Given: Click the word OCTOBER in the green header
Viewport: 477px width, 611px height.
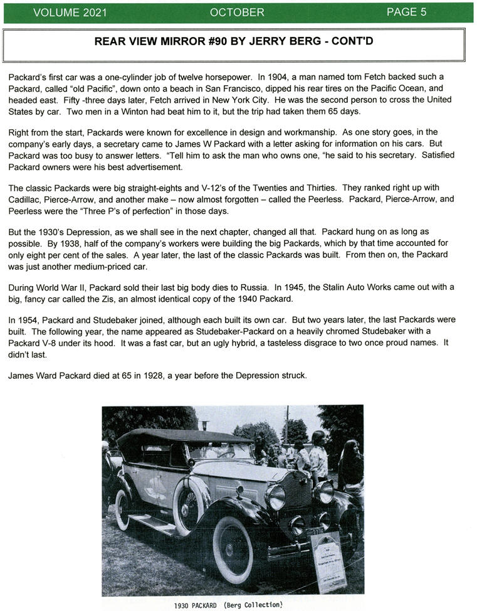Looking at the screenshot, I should (237, 13).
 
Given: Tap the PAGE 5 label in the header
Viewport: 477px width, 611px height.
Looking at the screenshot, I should (406, 13).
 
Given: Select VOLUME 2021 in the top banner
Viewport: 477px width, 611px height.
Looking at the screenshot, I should (70, 13).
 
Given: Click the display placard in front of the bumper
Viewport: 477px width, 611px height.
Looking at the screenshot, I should (328, 560).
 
